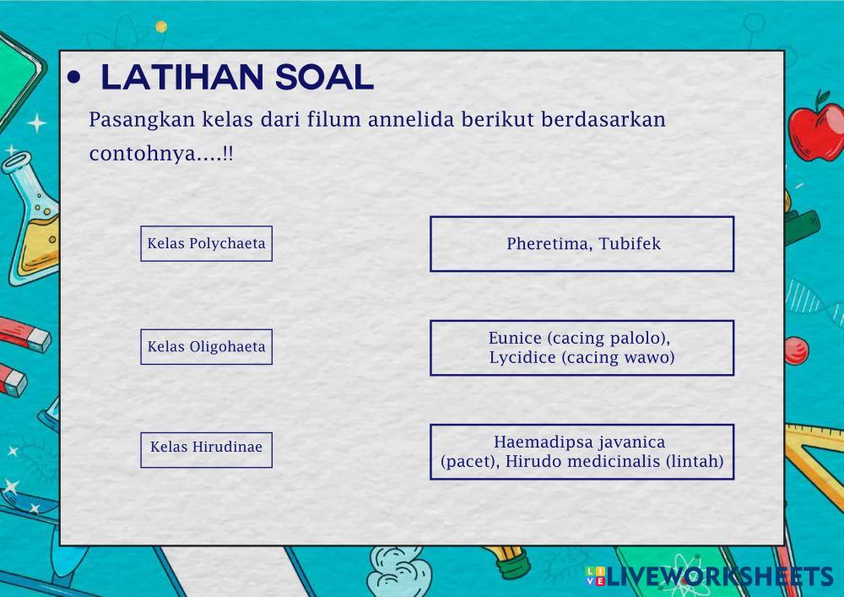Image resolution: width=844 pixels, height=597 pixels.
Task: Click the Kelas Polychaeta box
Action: click(206, 243)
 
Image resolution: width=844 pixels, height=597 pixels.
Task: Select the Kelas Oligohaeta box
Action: click(206, 347)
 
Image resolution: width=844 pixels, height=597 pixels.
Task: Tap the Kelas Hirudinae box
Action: click(206, 449)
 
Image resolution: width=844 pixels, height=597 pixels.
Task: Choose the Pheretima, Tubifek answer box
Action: click(582, 244)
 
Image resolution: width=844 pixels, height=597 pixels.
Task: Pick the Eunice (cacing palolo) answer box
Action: click(582, 348)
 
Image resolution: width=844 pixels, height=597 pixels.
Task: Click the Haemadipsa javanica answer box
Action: click(582, 452)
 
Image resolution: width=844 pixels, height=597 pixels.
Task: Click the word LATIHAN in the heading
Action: click(182, 77)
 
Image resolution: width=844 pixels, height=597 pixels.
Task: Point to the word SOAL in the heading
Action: click(325, 77)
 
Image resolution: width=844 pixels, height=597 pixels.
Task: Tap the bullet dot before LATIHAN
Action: click(73, 78)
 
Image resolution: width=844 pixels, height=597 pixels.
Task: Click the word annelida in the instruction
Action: click(411, 119)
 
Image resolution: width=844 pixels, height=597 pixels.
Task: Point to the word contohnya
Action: click(143, 154)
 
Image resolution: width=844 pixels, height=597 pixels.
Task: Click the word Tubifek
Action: click(630, 243)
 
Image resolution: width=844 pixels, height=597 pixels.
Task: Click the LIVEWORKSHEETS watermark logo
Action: click(710, 576)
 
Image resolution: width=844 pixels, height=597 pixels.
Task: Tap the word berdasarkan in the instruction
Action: click(603, 119)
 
